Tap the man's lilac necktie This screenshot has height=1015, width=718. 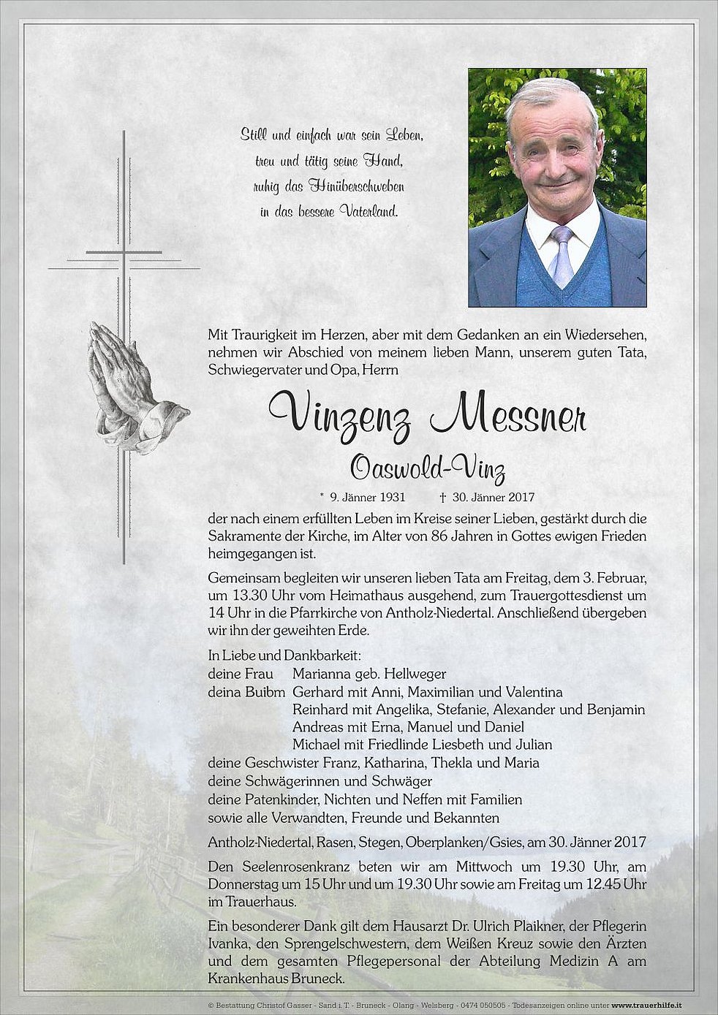pos(562,256)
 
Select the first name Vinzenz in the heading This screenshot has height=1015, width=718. pos(340,416)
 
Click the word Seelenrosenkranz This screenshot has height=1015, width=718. pos(288,867)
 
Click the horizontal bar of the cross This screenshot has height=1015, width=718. pos(124,253)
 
